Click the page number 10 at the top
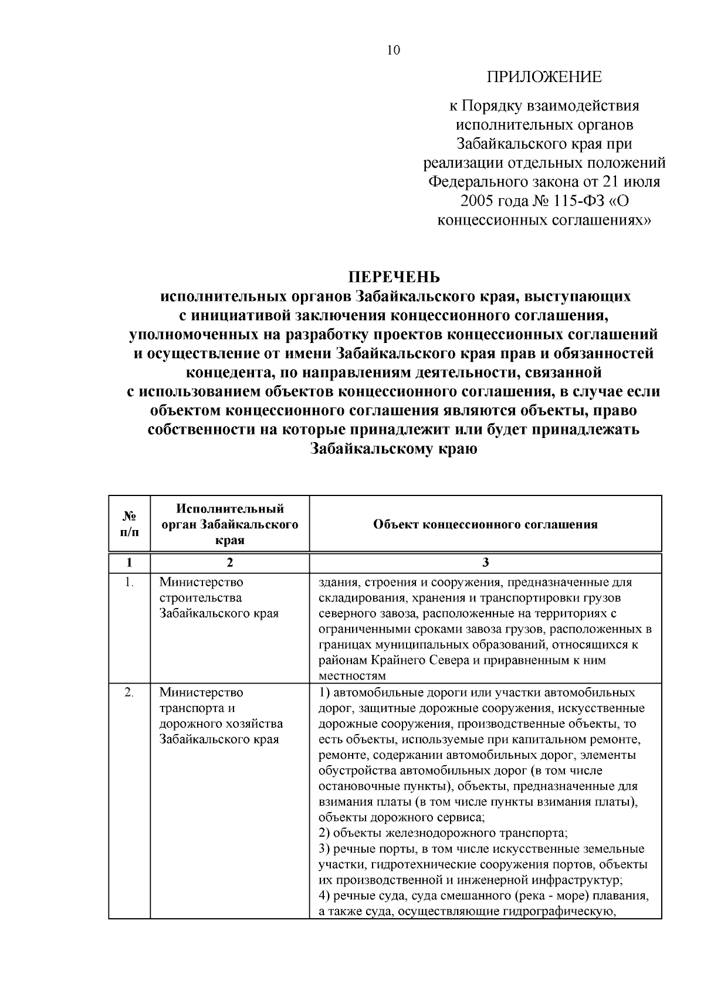click(x=393, y=50)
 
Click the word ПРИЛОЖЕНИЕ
click(x=544, y=77)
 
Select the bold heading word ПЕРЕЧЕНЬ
click(x=394, y=277)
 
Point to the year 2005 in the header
click(x=478, y=201)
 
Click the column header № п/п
click(x=129, y=524)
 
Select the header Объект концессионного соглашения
click(x=485, y=524)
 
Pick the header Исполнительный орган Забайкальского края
click(x=229, y=524)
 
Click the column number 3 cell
click(x=485, y=563)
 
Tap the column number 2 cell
click(x=229, y=563)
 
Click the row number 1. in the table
click(x=129, y=583)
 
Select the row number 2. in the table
click(x=129, y=693)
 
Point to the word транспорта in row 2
click(x=189, y=708)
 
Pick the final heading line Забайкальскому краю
click(x=394, y=449)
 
